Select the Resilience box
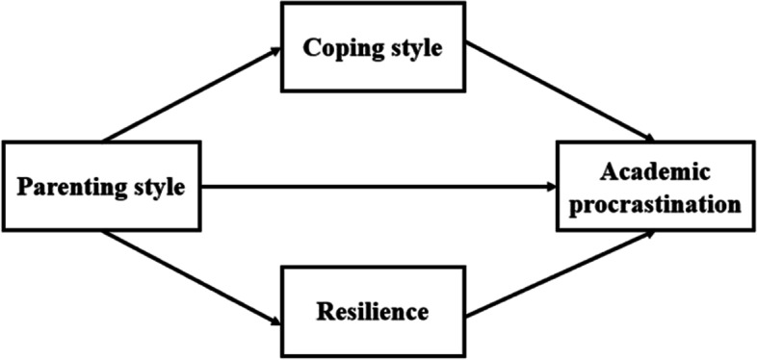[377, 312]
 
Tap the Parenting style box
[101, 186]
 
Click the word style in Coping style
[414, 50]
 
